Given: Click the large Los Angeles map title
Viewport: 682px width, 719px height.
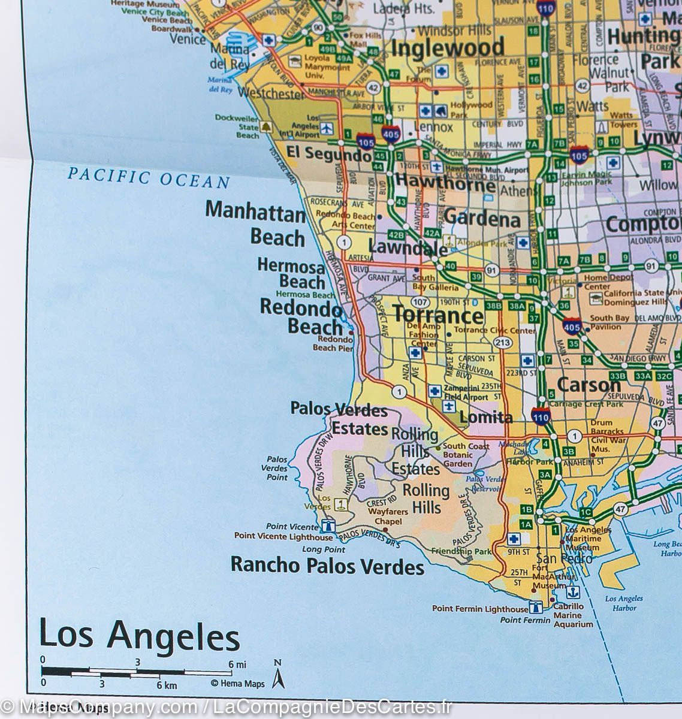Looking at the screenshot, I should (139, 636).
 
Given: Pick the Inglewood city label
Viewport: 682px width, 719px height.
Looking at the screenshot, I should (448, 48).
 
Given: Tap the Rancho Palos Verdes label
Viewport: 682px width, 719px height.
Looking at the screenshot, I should (328, 565).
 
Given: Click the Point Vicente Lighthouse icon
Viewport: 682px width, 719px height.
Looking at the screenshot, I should (328, 525).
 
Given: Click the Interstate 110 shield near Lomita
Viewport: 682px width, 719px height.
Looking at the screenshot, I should (541, 415).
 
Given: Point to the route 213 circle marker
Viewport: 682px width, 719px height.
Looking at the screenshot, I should (501, 342).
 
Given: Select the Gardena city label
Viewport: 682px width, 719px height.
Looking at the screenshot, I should (482, 219).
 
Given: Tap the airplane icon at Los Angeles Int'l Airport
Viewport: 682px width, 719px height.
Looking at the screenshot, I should (327, 128).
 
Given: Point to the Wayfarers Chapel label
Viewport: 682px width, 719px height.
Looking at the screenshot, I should (388, 516).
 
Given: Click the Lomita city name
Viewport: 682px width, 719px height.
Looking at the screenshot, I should (486, 418).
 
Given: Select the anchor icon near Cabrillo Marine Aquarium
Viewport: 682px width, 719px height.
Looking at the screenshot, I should (573, 592).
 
